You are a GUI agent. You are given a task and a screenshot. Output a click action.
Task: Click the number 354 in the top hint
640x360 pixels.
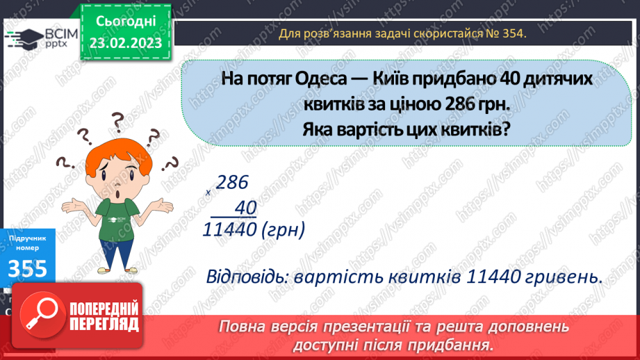click(x=511, y=33)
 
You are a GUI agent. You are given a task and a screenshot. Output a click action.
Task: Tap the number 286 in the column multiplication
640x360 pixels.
click(x=231, y=183)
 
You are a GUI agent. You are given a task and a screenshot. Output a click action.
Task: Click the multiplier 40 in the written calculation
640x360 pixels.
click(x=245, y=207)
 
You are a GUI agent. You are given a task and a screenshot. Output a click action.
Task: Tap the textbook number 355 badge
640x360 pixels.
click(x=29, y=268)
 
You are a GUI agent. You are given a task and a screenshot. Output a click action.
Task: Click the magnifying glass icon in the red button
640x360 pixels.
click(x=40, y=316)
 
